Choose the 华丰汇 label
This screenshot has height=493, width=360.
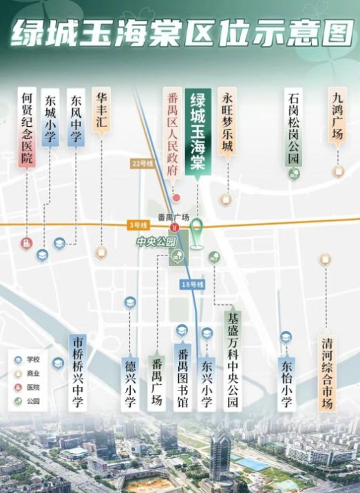click(102, 109)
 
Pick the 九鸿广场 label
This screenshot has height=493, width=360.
click(337, 116)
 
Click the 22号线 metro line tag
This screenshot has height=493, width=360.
click(140, 163)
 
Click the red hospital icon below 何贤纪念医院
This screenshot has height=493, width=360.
click(26, 242)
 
